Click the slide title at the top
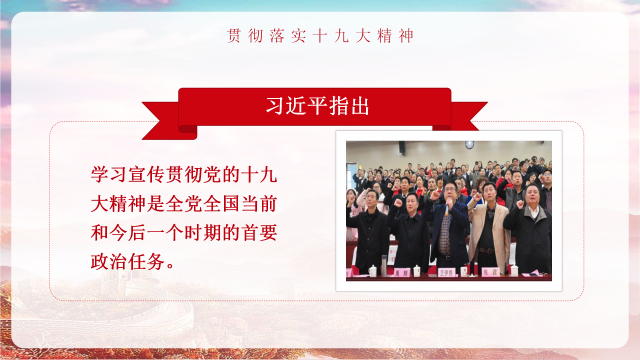pyautogui.click(x=320, y=36)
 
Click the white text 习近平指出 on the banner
pyautogui.click(x=317, y=106)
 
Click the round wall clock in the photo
pyautogui.click(x=469, y=144)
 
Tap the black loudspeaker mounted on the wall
pyautogui.click(x=402, y=147)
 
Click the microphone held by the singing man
pyautogui.click(x=447, y=207)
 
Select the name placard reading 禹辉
pyautogui.click(x=401, y=273)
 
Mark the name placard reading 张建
pyautogui.click(x=489, y=272)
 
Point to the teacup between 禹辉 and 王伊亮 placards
pyautogui.click(x=416, y=270)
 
